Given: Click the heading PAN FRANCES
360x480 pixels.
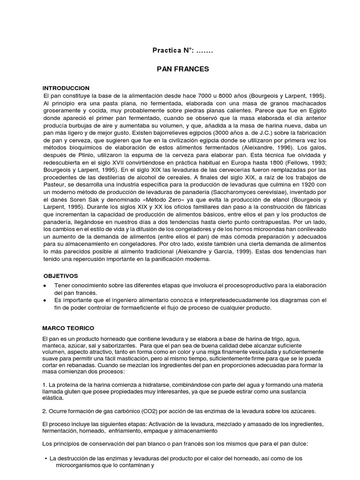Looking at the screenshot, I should point(182,68).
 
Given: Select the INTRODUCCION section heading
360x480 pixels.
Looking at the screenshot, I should point(66,88).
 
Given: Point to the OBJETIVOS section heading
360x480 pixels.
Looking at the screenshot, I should point(61,276).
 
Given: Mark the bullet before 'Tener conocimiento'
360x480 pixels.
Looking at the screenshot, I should point(45,285).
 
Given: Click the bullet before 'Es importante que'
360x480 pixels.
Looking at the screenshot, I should point(45,300).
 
